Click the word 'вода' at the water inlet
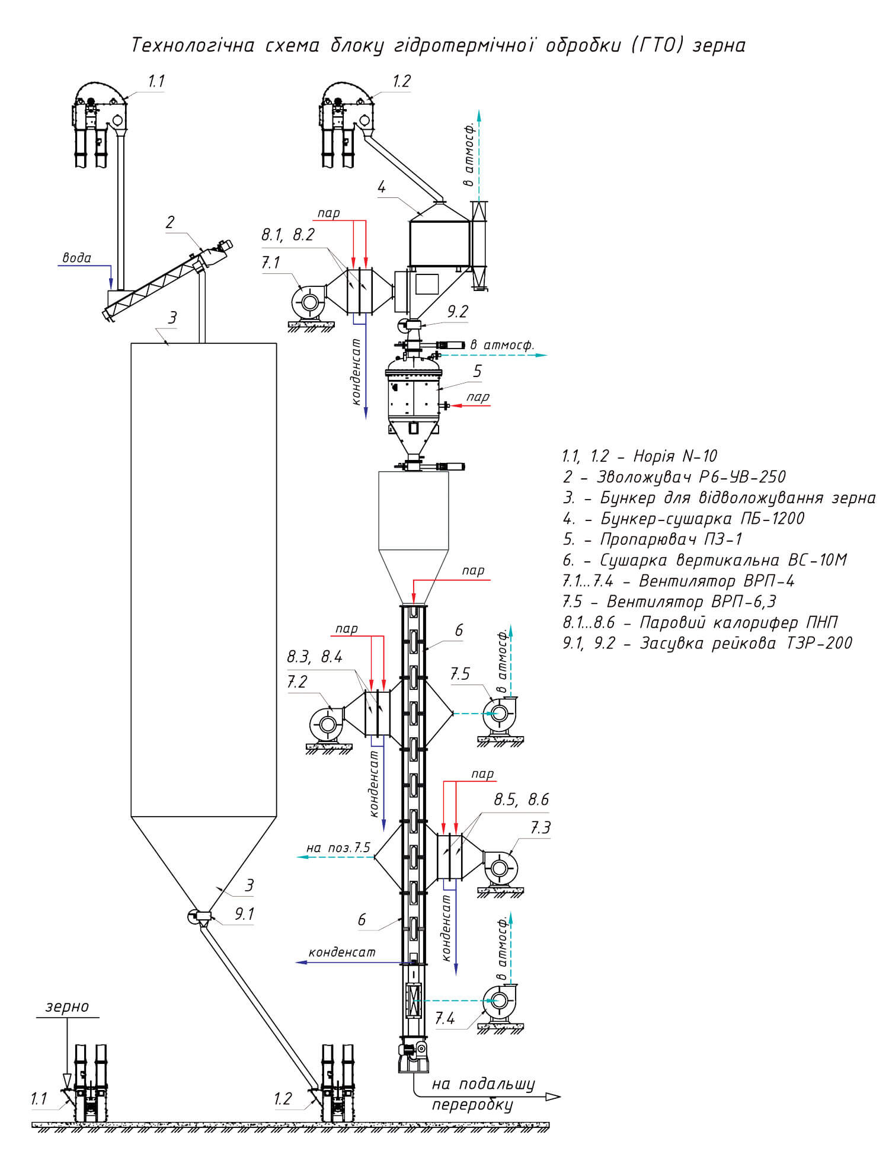tap(77, 258)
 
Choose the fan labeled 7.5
tap(498, 714)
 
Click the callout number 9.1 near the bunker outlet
tap(244, 914)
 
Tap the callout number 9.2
tap(458, 312)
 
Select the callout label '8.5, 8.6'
tap(522, 800)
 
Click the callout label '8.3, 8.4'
tap(315, 657)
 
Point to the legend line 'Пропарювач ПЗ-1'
tap(670, 539)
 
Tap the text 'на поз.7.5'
tap(338, 848)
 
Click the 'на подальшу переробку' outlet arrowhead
tap(552, 1097)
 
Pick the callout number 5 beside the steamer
tap(477, 372)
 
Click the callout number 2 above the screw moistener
tap(170, 222)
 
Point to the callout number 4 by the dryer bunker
tap(382, 187)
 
